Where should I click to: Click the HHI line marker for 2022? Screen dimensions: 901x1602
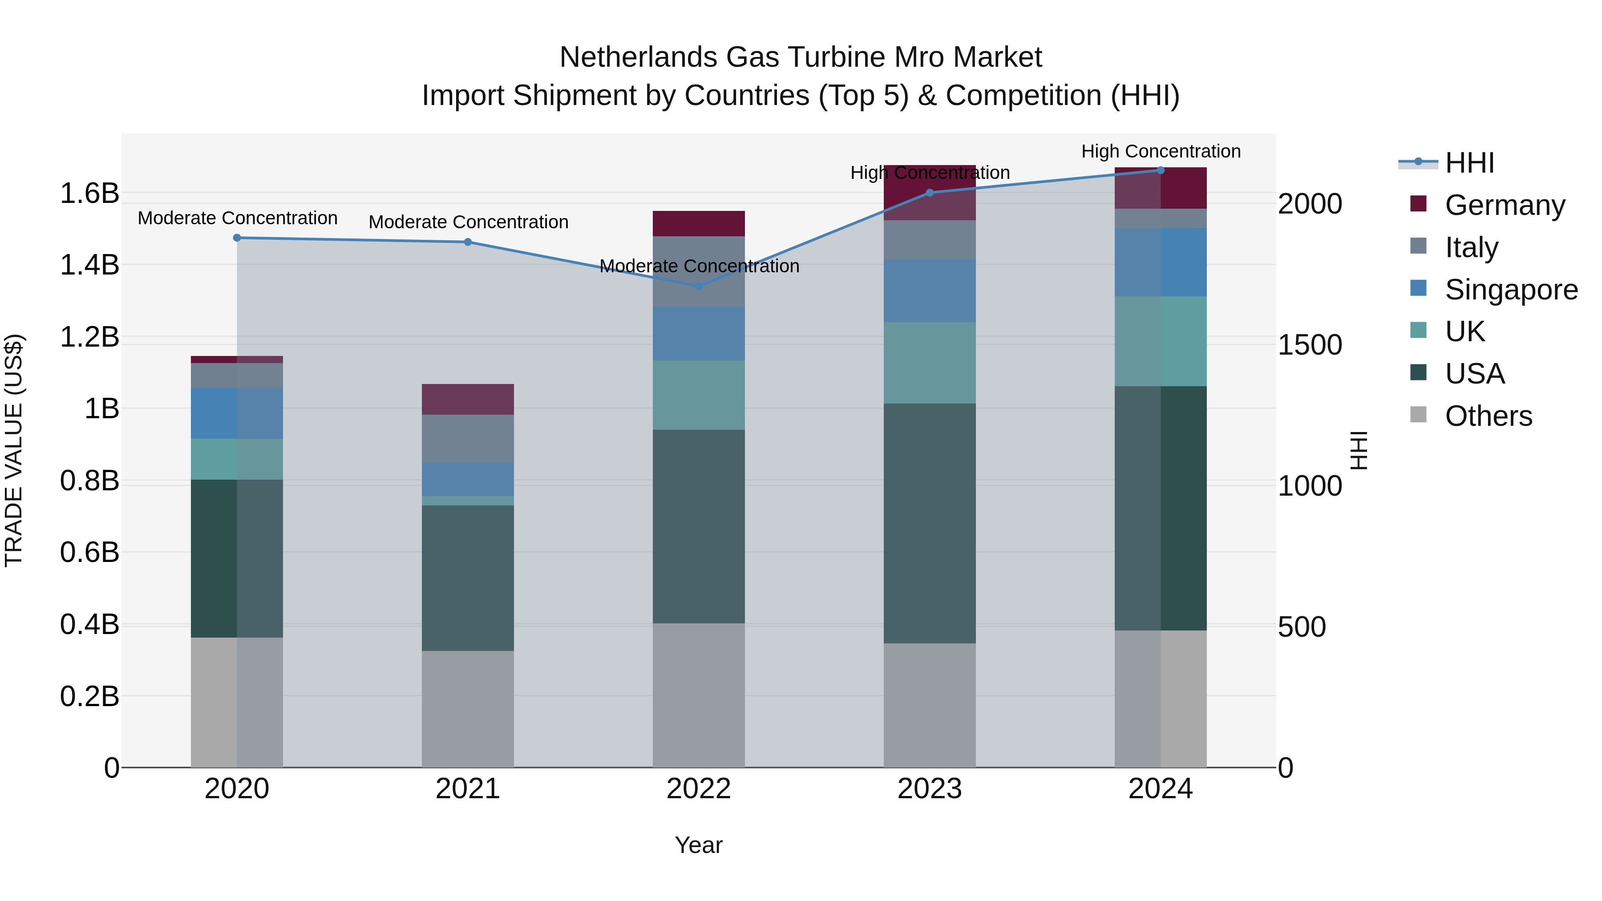698,286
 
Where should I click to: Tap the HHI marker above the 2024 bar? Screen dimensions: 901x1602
1161,170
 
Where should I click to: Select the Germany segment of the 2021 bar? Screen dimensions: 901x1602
468,399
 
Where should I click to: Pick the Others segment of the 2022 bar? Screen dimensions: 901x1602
698,695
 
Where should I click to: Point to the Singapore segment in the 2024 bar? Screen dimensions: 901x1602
1161,263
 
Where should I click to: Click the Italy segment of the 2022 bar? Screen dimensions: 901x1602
698,271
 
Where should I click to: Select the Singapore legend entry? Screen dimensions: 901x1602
1511,290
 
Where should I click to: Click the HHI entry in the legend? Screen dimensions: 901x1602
1469,163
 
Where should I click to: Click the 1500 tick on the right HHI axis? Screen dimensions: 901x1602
1310,345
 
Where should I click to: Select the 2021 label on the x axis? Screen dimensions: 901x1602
468,789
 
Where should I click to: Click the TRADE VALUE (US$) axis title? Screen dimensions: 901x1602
14,450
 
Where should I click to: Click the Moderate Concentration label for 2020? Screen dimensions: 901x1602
238,218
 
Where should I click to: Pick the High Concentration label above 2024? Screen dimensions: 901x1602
1161,152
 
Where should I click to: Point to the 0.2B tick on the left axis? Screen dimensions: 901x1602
89,696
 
